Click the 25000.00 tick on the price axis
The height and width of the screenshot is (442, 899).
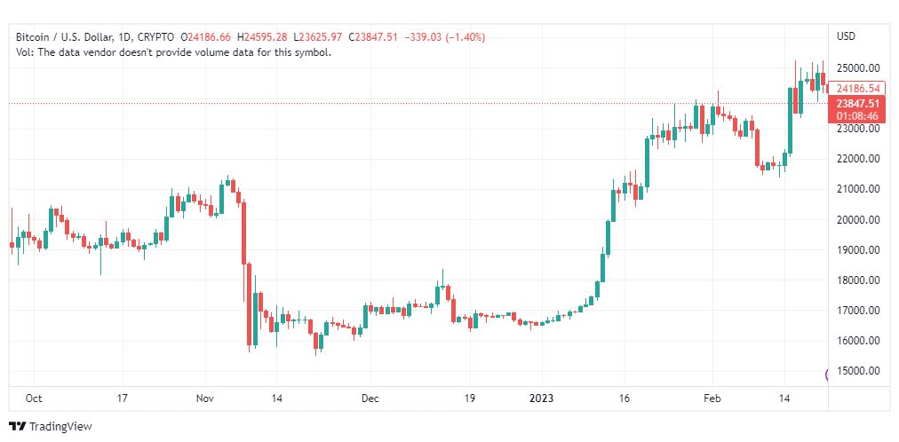pos(858,67)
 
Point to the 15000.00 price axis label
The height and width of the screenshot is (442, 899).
pos(858,371)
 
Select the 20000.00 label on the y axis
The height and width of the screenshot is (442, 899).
pos(858,219)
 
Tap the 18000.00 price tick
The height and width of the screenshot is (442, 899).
pos(858,280)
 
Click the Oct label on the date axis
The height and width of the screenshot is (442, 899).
pos(34,399)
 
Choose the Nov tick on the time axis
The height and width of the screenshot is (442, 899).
pos(205,399)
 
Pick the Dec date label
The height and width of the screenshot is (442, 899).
pos(370,399)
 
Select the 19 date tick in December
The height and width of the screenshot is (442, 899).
pos(471,399)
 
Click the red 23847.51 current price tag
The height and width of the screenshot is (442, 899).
pos(858,103)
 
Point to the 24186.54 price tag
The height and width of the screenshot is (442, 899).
pos(858,88)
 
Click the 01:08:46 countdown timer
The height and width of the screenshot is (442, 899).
pos(858,115)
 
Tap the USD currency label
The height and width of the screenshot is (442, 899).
pos(846,36)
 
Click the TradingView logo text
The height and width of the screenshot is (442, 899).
pos(60,427)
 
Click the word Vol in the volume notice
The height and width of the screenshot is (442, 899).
pos(24,52)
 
